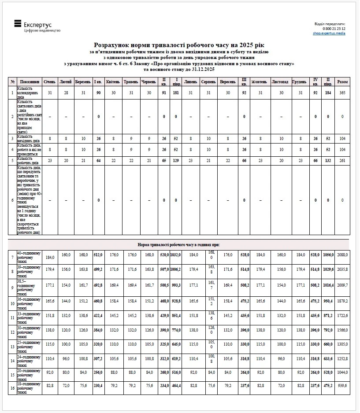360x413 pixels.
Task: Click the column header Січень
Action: point(50,82)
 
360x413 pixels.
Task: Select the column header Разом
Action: point(342,82)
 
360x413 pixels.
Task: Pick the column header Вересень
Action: point(227,82)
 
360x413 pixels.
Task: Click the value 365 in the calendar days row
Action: point(342,92)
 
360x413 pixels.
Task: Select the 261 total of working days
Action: point(342,161)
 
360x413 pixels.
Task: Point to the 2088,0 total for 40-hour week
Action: point(342,255)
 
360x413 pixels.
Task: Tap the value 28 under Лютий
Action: point(66,92)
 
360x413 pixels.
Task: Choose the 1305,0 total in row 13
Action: point(342,344)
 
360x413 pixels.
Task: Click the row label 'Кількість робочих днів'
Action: point(29,161)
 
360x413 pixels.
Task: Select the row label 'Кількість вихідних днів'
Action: point(29,138)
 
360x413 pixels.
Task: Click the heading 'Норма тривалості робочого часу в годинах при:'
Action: point(178,244)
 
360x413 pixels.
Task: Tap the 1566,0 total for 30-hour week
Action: point(342,330)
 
